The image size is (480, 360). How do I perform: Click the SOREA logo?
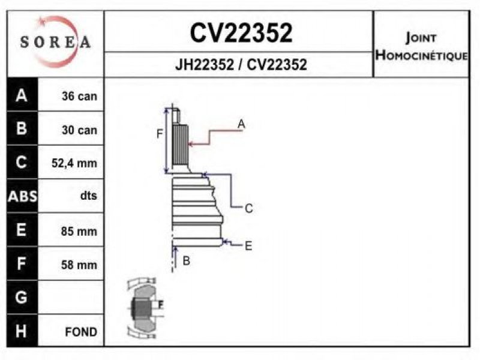point(55,42)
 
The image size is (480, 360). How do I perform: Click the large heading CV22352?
point(241,33)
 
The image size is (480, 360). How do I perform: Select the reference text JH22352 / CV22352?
point(241,65)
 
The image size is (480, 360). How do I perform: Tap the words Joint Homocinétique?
point(421,47)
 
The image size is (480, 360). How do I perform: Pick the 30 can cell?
point(79,130)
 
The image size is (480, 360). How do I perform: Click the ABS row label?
point(22,196)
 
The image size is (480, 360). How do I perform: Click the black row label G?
point(22,297)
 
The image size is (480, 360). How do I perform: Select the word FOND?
point(81,331)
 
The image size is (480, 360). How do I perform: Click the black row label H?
point(22,331)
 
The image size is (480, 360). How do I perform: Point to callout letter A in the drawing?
point(241,124)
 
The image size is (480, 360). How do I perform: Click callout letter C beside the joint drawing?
point(248,209)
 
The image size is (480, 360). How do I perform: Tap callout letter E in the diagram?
point(248,245)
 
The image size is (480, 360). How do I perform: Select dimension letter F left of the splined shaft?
point(160,134)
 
